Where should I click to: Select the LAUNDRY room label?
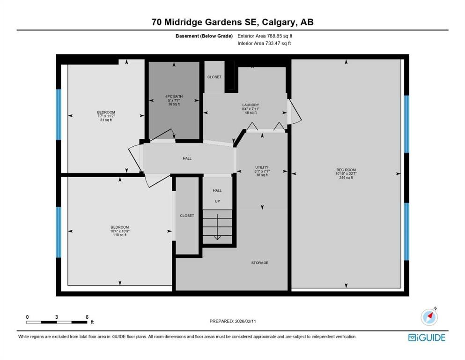tap(251, 105)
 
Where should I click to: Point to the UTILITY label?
tap(261, 167)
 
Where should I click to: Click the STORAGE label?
tap(259, 263)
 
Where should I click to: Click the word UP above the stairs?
tap(217, 201)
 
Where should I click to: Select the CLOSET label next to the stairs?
tap(187, 216)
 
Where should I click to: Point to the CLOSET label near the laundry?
tap(214, 77)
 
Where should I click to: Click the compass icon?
tap(429, 317)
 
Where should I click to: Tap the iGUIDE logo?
tap(426, 337)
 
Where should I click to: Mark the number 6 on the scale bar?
tap(87, 317)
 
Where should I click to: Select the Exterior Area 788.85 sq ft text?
tap(267, 36)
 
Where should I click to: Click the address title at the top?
tap(232, 22)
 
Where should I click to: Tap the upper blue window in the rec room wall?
tap(406, 124)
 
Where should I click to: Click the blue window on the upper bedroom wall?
tap(59, 115)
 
